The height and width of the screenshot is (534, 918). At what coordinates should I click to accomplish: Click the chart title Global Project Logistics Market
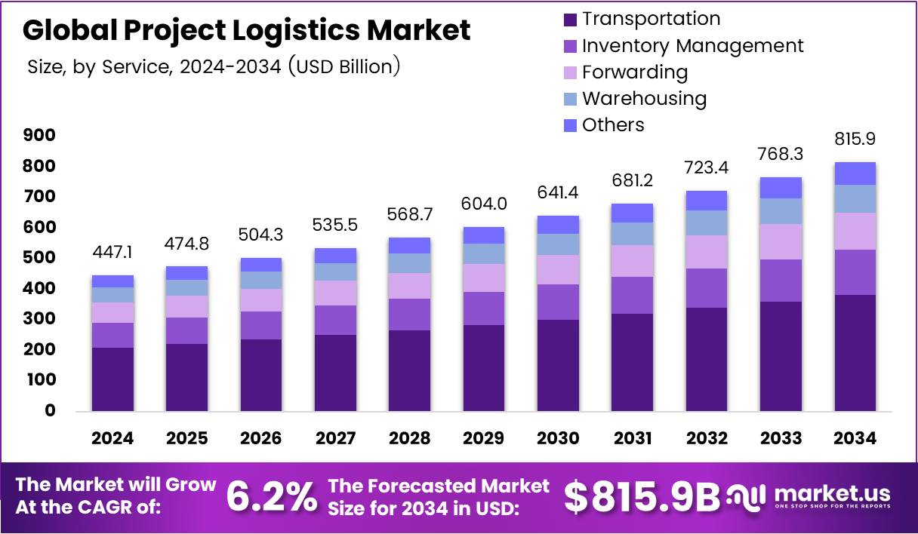pyautogui.click(x=246, y=30)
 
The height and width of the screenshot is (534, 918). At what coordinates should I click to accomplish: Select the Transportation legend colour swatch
pyautogui.click(x=571, y=19)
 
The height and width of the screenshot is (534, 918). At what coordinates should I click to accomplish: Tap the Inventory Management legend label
pyautogui.click(x=692, y=46)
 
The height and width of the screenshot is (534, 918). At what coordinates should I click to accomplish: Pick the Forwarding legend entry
pyautogui.click(x=634, y=72)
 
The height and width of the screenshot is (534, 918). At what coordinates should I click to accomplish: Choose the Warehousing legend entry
pyautogui.click(x=644, y=99)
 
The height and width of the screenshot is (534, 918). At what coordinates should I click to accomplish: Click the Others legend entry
pyautogui.click(x=613, y=125)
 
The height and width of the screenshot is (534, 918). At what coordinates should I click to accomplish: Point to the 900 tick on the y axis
pyautogui.click(x=39, y=135)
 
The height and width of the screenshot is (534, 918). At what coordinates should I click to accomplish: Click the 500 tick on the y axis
pyautogui.click(x=39, y=257)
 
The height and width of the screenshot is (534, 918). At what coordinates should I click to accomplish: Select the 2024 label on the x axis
pyautogui.click(x=112, y=439)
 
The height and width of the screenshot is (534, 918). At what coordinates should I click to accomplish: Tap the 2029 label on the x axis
pyautogui.click(x=484, y=439)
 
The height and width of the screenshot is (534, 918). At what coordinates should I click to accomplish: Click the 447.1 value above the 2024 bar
pyautogui.click(x=112, y=253)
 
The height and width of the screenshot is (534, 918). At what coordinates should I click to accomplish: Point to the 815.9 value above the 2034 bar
pyautogui.click(x=855, y=140)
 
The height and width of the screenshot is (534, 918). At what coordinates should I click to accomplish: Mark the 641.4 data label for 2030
pyautogui.click(x=558, y=193)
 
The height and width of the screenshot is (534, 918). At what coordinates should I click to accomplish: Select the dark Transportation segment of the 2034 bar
pyautogui.click(x=855, y=352)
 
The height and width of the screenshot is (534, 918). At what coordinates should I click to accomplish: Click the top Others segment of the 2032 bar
pyautogui.click(x=707, y=201)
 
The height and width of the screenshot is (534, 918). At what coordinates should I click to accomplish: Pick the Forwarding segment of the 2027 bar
pyautogui.click(x=335, y=293)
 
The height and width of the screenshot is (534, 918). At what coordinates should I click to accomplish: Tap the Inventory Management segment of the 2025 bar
pyautogui.click(x=186, y=330)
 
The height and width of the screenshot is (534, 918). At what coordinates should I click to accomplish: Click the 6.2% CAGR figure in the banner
pyautogui.click(x=273, y=496)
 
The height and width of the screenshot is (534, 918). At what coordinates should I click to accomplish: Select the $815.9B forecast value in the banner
pyautogui.click(x=642, y=496)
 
